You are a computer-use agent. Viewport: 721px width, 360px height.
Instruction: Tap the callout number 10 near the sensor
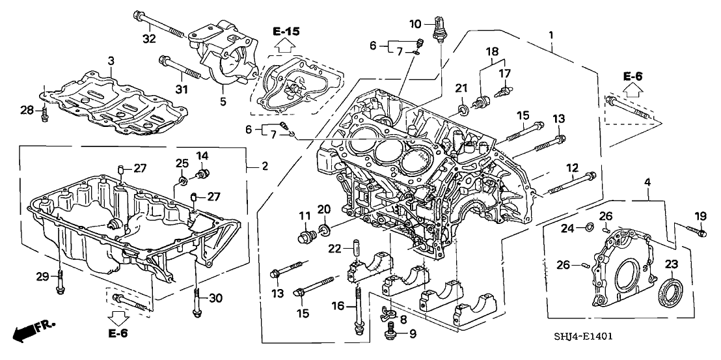pyautogui.click(x=416, y=25)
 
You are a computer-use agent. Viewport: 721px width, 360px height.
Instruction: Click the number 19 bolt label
pyautogui.click(x=699, y=216)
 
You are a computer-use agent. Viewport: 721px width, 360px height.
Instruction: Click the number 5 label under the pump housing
pyautogui.click(x=223, y=101)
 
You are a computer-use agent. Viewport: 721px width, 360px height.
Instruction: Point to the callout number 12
pyautogui.click(x=573, y=167)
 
